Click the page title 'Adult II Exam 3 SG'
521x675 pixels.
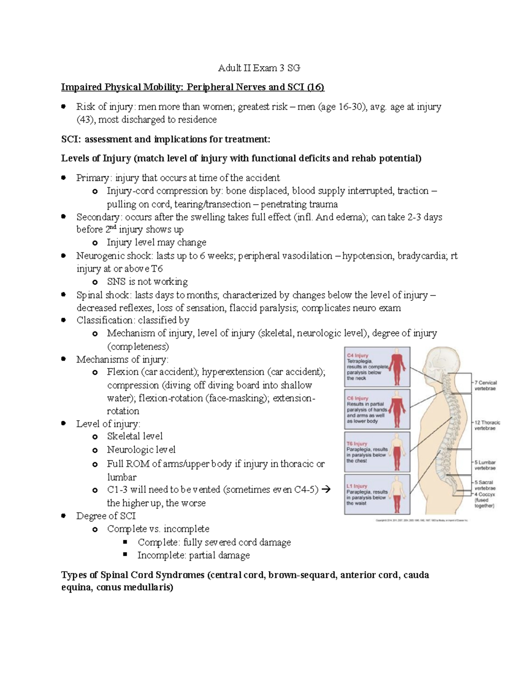259,68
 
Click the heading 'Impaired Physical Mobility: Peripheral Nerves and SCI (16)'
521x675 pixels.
192,87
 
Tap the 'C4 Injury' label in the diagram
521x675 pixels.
358,355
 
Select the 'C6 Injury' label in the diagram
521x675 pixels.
358,398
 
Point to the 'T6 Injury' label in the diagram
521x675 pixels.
357,444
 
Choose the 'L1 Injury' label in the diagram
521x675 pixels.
357,486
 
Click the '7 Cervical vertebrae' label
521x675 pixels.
485,386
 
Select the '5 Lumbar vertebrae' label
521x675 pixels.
485,465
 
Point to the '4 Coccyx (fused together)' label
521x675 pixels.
485,500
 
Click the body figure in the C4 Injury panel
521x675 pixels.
396,367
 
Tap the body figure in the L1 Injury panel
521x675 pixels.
396,495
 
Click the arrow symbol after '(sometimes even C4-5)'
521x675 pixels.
327,490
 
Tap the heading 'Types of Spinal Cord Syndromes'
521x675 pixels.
133,575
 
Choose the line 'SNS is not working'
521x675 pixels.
147,282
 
